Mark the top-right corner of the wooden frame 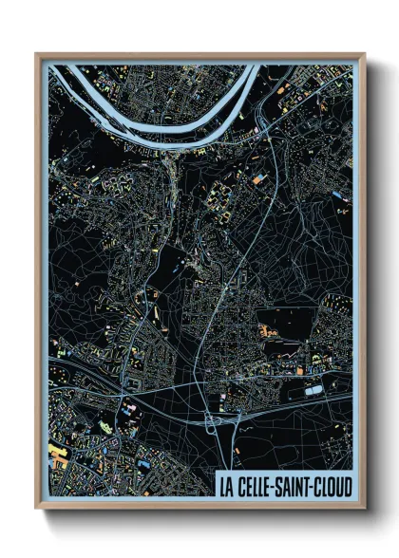click(363, 55)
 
